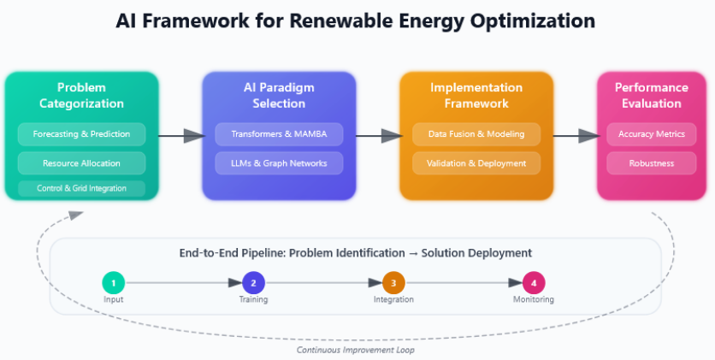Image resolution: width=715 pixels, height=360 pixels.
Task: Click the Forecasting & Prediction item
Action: click(x=81, y=134)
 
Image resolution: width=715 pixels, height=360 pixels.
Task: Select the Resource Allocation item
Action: click(x=81, y=162)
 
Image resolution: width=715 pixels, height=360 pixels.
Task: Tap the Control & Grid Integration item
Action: click(x=81, y=188)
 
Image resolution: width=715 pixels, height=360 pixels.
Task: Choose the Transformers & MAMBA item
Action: click(x=278, y=134)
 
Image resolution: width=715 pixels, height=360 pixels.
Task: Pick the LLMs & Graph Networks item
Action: click(x=278, y=162)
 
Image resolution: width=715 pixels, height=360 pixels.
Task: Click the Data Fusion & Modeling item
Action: click(x=476, y=134)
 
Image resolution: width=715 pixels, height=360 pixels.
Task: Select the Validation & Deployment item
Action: click(x=476, y=162)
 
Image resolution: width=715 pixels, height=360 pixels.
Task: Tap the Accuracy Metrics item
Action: click(x=652, y=134)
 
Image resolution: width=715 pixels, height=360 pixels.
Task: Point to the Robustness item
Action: click(x=652, y=162)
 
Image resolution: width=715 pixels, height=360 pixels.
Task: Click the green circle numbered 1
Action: click(x=114, y=282)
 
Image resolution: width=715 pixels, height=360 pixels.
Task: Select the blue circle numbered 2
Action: click(x=253, y=282)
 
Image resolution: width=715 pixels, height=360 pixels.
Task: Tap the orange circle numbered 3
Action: click(x=393, y=282)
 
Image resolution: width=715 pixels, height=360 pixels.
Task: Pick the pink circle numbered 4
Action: click(x=534, y=282)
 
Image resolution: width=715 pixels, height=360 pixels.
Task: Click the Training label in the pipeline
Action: click(x=253, y=299)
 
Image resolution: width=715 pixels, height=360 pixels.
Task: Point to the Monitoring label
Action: click(x=534, y=299)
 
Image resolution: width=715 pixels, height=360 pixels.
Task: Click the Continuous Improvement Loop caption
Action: click(x=356, y=350)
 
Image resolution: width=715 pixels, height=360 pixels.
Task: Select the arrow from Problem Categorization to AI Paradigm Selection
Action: click(x=180, y=135)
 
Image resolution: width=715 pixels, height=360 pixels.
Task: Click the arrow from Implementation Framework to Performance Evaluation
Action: click(x=575, y=135)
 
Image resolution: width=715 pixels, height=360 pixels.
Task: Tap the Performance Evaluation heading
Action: click(x=652, y=95)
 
